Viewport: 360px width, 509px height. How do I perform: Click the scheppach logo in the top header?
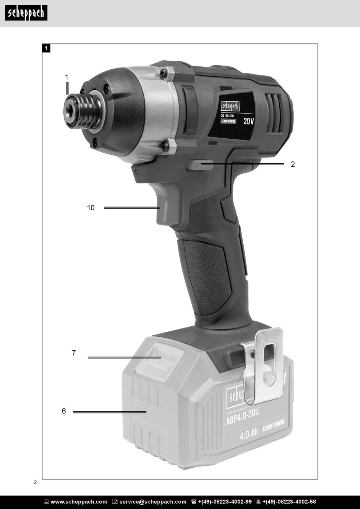click(x=26, y=13)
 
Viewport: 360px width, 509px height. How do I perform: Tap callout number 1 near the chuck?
click(x=67, y=77)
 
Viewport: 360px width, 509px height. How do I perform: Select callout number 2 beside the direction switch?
click(x=293, y=164)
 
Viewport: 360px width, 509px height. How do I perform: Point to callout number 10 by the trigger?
click(x=91, y=208)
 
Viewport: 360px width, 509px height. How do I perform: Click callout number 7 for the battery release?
click(x=74, y=353)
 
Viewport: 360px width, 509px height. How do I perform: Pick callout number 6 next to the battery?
click(x=64, y=411)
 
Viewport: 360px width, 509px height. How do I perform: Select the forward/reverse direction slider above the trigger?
click(x=199, y=165)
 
